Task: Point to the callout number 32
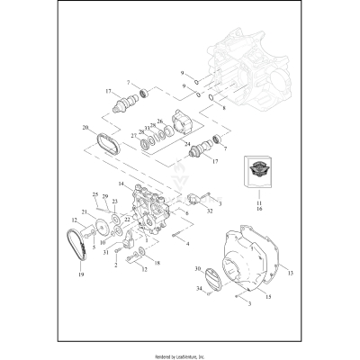[209, 236]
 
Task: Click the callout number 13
[291, 268]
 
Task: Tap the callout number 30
[197, 269]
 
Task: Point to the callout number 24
[186, 144]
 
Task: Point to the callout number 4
[186, 243]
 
